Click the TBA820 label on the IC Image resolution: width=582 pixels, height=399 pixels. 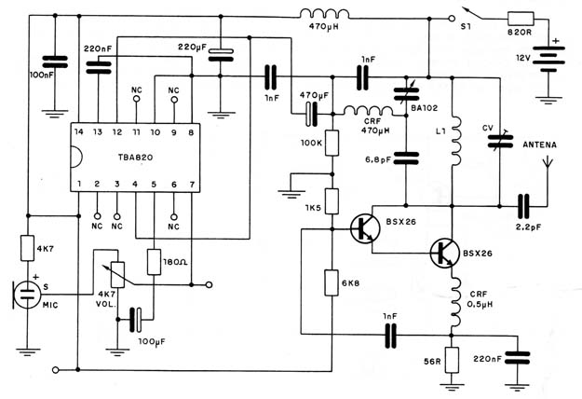coord(135,158)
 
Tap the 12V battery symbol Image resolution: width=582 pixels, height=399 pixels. coord(548,60)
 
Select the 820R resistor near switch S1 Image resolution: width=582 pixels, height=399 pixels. coord(521,19)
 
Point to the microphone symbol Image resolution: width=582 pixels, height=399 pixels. coord(27,295)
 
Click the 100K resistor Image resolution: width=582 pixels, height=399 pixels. coord(332,143)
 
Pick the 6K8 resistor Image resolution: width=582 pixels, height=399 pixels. coord(332,283)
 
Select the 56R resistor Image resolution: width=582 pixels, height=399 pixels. coord(452,360)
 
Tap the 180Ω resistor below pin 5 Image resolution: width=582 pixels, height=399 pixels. coord(154,262)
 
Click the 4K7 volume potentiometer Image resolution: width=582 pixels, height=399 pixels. coord(117,275)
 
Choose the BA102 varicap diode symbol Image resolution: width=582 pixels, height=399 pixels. coord(406,94)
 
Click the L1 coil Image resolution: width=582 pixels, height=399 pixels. coord(455,141)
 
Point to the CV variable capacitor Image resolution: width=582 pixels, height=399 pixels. coord(500,141)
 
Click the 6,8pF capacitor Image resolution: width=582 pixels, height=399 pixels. coord(406,158)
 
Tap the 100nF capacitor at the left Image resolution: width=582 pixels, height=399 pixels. coord(55,62)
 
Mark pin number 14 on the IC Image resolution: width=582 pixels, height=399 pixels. coord(79,131)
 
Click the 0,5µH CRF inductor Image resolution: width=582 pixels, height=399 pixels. coord(455,302)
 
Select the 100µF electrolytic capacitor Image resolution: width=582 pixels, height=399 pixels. coord(135,320)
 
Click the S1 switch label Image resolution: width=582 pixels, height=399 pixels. coord(466,27)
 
